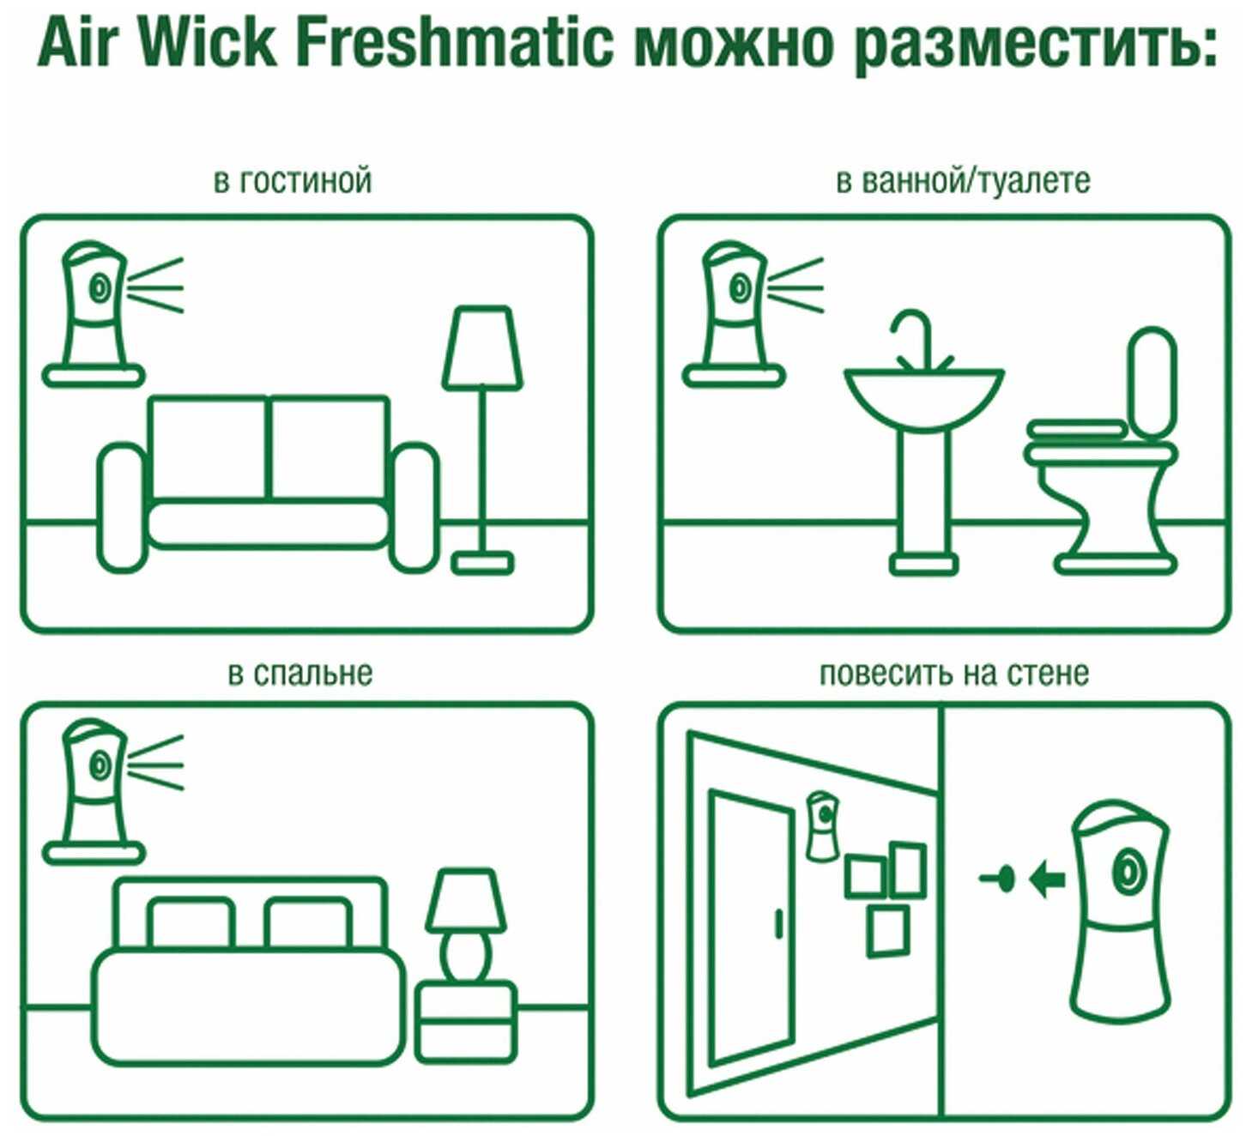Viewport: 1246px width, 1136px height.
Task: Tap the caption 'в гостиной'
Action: [292, 181]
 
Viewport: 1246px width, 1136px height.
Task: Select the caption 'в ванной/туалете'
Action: [963, 181]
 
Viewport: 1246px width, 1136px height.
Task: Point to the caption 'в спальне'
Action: [300, 674]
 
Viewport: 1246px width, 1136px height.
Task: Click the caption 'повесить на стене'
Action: [954, 674]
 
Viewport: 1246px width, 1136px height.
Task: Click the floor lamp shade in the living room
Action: [482, 348]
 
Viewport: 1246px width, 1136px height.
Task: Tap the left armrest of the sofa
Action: [123, 507]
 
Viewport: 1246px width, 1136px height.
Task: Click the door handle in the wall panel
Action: [777, 923]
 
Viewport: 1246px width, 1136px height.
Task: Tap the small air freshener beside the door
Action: [822, 827]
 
